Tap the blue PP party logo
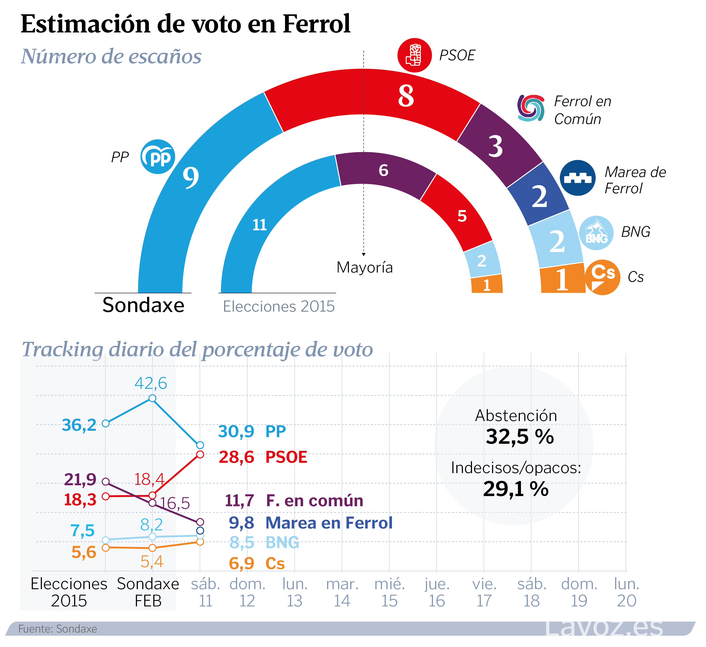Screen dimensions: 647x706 [158, 157]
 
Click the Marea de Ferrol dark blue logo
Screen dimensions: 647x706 [577, 178]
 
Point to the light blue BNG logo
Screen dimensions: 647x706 [596, 233]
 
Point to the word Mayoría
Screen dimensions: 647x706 [365, 268]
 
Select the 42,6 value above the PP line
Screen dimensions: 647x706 [151, 383]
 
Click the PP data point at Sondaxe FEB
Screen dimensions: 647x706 [152, 398]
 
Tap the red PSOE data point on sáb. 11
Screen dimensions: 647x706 [200, 454]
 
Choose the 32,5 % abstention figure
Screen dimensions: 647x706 [520, 437]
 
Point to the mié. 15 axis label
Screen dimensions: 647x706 [390, 592]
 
